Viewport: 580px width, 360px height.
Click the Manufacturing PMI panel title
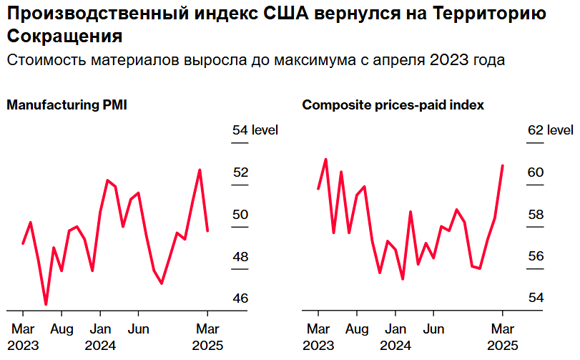67,105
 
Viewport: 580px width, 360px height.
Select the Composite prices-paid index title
393,105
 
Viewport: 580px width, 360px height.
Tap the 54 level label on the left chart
255,130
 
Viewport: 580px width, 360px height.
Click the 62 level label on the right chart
550,130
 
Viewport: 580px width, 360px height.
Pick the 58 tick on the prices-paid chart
536,215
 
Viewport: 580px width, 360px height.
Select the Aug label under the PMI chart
62,329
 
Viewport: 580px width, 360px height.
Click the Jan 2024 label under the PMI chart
100,337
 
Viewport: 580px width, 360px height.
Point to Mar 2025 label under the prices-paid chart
503,337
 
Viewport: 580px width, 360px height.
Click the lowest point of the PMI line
46,305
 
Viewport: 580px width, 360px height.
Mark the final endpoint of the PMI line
207,230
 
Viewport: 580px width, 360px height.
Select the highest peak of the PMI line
200,170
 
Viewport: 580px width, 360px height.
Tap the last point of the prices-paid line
503,165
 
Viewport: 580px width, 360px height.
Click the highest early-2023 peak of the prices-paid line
325,159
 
